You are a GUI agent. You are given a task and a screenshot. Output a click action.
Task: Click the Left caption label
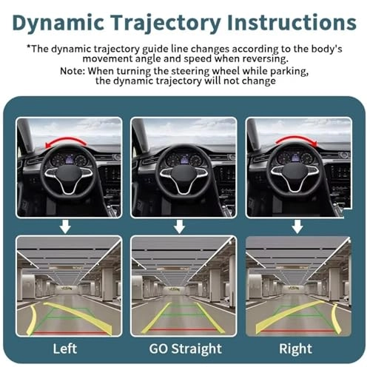pos(66,348)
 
